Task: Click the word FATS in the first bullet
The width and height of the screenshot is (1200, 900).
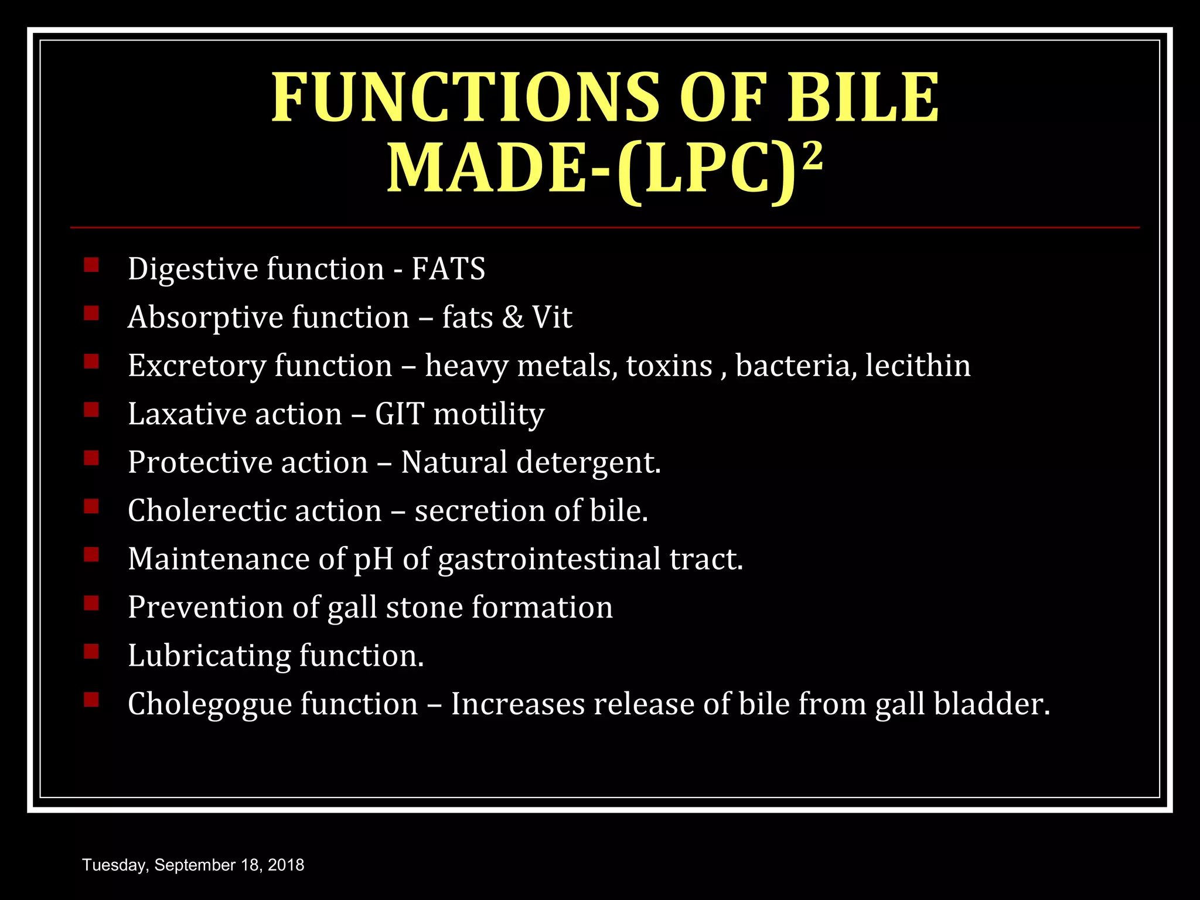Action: pos(448,269)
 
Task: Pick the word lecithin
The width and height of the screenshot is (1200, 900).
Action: pos(918,366)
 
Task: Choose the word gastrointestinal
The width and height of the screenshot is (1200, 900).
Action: pos(550,559)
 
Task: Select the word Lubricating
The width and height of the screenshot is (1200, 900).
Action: pos(209,656)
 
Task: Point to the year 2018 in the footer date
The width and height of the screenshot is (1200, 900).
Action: pos(286,865)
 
